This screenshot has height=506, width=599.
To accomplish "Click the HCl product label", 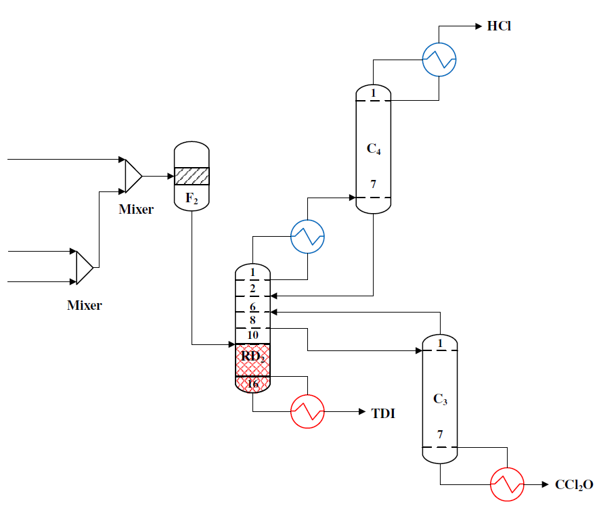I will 500,26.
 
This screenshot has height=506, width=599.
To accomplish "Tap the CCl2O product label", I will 574,484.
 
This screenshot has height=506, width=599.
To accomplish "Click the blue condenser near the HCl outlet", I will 439,60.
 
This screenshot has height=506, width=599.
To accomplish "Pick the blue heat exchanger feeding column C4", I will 308,236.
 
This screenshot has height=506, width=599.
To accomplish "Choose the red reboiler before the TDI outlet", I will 308,411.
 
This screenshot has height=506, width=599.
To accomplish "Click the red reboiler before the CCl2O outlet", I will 507,484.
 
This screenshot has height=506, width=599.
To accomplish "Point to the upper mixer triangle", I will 133,176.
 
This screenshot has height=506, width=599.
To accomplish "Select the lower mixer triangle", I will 84,268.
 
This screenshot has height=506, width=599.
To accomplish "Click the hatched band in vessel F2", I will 192,176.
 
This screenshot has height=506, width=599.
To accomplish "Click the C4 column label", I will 374,149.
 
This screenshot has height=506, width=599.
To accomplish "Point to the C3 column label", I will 440,399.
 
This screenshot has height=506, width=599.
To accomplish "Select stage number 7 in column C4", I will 373,184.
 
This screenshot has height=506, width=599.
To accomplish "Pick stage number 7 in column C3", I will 440,434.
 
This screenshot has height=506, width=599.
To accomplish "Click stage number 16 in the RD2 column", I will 252,384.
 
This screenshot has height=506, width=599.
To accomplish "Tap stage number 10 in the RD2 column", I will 252,335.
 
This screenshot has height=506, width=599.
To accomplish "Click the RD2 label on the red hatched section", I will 252,357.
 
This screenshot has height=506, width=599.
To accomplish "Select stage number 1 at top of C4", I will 373,93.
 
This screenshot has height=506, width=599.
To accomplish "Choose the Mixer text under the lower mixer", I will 85,305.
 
